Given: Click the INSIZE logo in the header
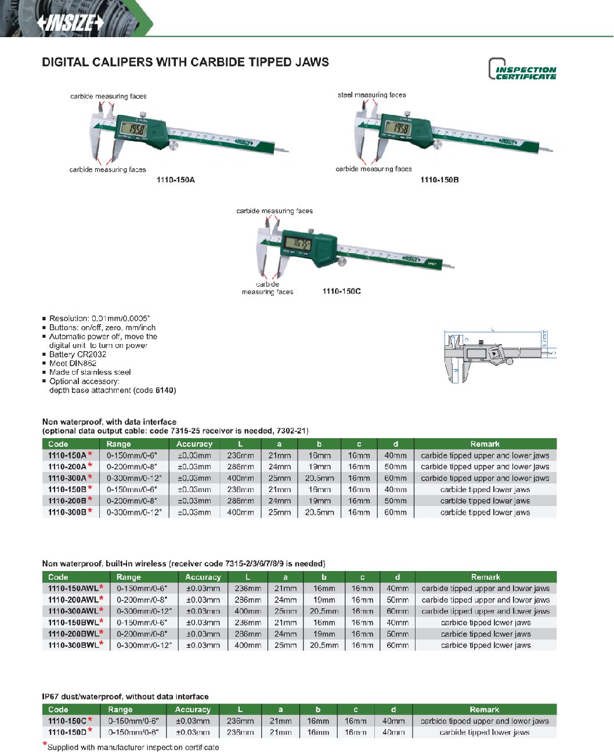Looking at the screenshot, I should (70, 23).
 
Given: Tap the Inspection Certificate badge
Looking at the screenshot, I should (522, 70).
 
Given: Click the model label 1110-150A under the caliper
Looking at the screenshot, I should (175, 180).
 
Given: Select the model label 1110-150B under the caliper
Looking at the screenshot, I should (439, 180).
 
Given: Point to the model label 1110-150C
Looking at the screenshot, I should (341, 291).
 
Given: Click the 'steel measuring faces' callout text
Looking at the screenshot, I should (371, 95).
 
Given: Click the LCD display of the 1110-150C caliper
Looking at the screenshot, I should (300, 244).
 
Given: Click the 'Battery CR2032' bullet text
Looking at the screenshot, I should (77, 354).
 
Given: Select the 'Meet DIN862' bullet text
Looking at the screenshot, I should (73, 363).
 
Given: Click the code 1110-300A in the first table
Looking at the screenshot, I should (67, 478).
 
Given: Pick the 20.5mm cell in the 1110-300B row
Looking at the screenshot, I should (319, 512).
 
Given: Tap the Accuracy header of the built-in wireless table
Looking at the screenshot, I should (203, 577).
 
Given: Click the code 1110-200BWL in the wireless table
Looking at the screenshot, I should (73, 634).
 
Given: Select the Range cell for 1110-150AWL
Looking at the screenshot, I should (142, 588).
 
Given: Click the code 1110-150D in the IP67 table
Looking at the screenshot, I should (67, 732).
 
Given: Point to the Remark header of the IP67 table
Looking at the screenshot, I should (484, 709).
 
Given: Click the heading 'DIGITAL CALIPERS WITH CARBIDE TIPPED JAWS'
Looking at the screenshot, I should (185, 62).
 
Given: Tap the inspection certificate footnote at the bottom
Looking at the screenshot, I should (132, 747).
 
